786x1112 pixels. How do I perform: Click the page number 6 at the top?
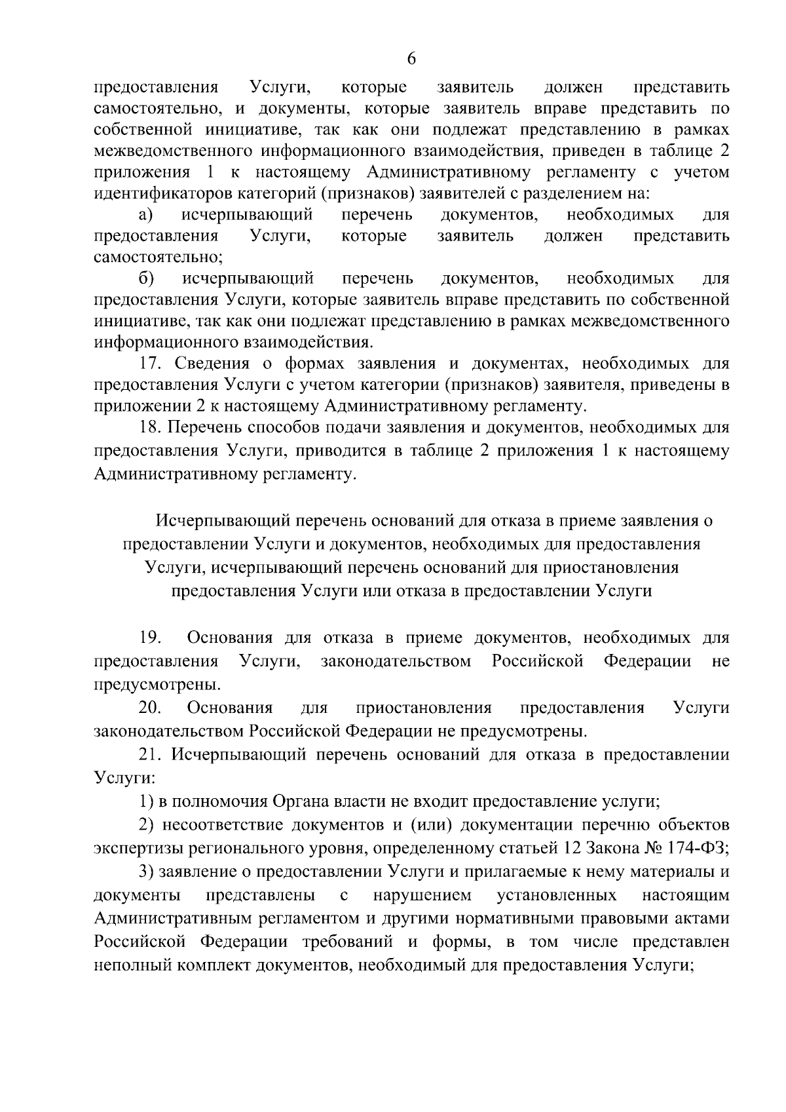click(x=411, y=58)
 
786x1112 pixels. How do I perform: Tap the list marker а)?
click(x=145, y=214)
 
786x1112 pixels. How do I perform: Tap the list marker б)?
click(x=146, y=278)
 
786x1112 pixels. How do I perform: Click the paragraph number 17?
click(x=151, y=364)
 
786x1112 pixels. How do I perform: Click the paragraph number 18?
click(x=151, y=428)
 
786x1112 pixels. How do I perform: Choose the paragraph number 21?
click(x=151, y=754)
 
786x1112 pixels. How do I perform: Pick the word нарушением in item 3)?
click(x=422, y=895)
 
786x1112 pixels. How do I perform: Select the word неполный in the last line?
click(x=128, y=965)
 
